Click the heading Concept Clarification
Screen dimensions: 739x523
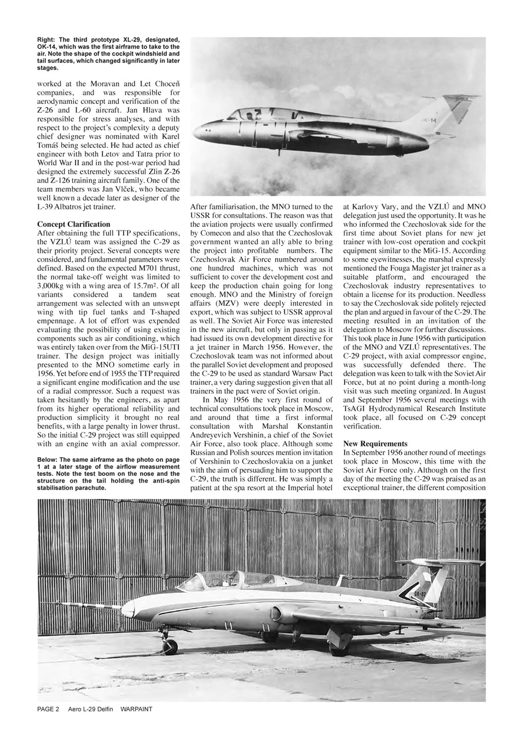coord(74,224)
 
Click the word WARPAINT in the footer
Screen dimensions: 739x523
coord(136,709)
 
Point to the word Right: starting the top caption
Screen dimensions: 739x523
coord(47,39)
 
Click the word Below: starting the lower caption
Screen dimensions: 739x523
coord(48,460)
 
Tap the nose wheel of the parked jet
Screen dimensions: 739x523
coord(169,647)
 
